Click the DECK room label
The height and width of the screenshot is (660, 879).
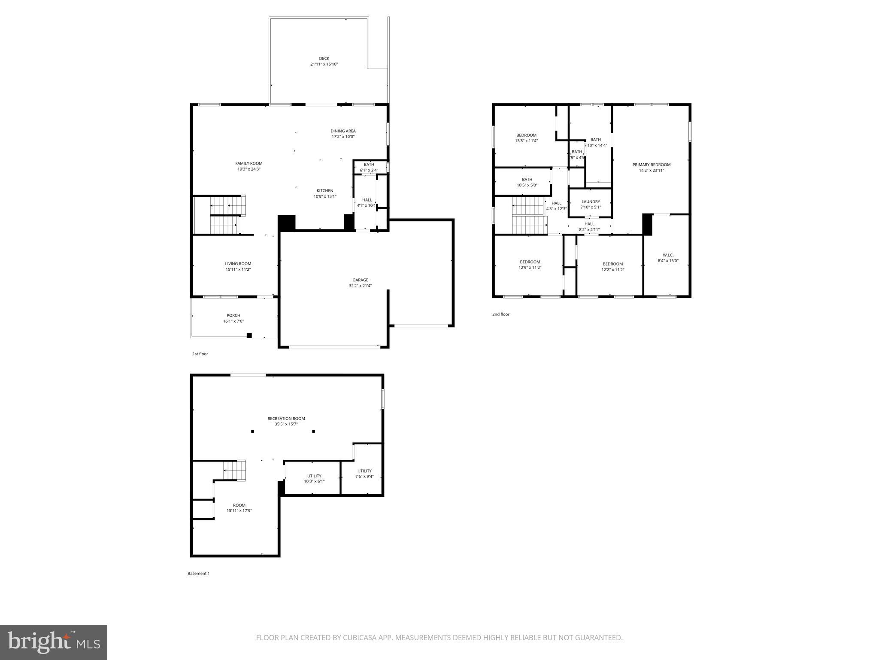point(324,58)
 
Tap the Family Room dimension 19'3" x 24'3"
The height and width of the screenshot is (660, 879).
point(249,169)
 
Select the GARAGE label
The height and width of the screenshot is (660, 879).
point(360,280)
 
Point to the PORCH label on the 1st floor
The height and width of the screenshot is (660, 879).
point(233,315)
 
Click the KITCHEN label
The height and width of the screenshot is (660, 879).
point(325,191)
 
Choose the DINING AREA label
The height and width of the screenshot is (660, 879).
point(343,131)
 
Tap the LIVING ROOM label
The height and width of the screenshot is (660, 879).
point(238,264)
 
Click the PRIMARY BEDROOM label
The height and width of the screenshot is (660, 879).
point(651,165)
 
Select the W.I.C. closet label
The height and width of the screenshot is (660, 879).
point(668,255)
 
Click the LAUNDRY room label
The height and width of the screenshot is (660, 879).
point(591,202)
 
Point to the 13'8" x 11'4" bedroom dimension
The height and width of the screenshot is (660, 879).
point(526,141)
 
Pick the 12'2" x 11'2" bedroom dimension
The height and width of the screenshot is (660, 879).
point(612,270)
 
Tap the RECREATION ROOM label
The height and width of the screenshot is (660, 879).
point(286,419)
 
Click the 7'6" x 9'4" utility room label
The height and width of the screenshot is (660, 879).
point(364,471)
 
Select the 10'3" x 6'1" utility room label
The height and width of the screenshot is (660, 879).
point(314,481)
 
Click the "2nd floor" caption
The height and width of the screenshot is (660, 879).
point(500,315)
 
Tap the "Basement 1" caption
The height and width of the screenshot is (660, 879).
point(198,574)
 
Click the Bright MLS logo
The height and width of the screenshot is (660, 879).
point(54,642)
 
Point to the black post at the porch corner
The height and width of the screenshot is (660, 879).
point(249,336)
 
